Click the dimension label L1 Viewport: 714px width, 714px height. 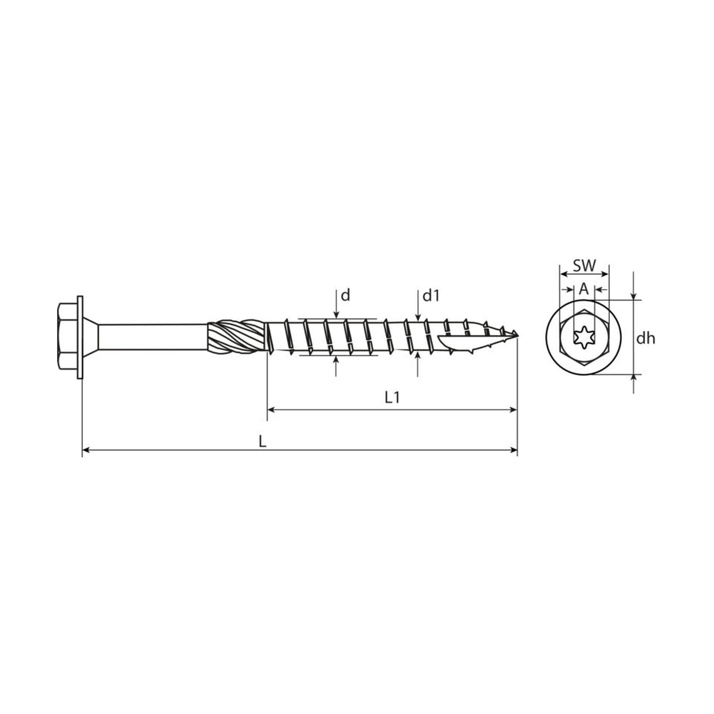tap(392, 397)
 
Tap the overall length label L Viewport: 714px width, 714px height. tap(262, 441)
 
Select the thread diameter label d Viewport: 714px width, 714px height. tap(345, 295)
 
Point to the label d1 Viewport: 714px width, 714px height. tap(431, 295)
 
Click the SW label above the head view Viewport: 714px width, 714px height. tap(585, 265)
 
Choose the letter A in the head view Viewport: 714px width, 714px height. tap(584, 289)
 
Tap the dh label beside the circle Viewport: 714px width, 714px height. tap(646, 338)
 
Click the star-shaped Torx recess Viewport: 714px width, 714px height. tap(584, 337)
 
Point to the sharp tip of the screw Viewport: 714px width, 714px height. tap(517, 336)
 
